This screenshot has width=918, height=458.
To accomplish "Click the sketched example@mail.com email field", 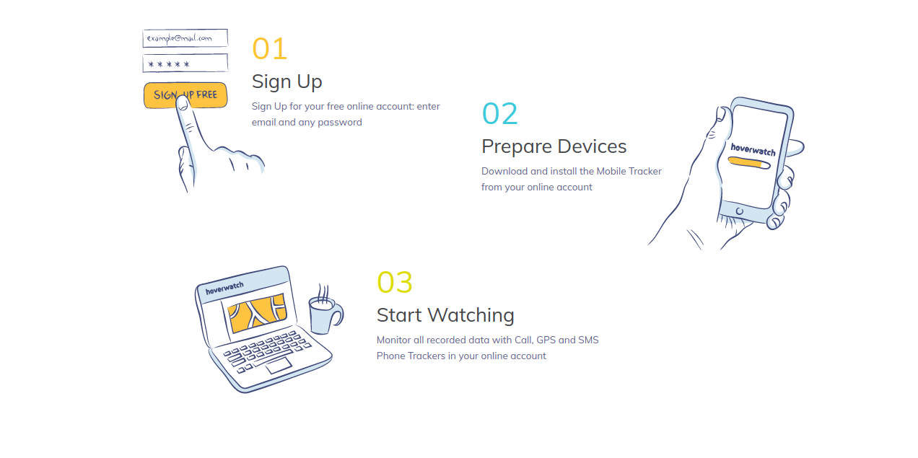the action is [x=185, y=38].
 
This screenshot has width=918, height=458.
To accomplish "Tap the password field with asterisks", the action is [x=185, y=63].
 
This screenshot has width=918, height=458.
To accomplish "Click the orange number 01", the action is [x=269, y=49].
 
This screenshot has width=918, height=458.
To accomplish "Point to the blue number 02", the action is [x=499, y=113].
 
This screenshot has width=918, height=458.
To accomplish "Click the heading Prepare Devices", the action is [x=554, y=146].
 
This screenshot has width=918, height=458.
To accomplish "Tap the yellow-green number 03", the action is [x=394, y=282].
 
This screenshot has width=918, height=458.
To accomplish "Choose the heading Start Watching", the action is [x=445, y=315].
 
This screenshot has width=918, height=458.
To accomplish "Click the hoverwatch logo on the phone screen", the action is [x=753, y=149].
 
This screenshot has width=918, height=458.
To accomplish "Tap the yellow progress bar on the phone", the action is [x=749, y=162].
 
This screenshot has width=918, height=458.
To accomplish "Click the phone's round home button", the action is [x=739, y=211].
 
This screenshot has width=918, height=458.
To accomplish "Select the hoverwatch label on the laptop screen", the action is [x=224, y=288].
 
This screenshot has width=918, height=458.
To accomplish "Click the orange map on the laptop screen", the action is [x=257, y=312].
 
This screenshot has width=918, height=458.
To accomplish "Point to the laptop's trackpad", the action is [x=279, y=365].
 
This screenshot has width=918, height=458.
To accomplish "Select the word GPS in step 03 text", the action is [x=546, y=340].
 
